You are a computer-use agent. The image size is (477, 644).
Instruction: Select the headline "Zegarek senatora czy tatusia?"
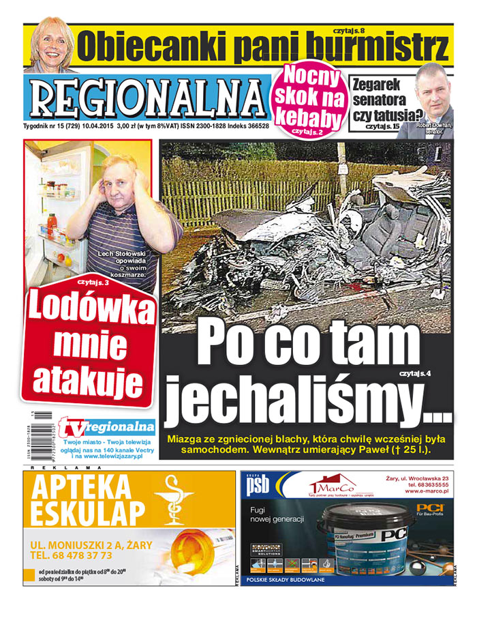[x=384, y=100]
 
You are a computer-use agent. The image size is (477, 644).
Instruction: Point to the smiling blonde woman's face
[x=50, y=45]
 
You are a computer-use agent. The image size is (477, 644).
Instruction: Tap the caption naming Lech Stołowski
[x=127, y=263]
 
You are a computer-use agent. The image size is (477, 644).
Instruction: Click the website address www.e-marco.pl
[x=426, y=491]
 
